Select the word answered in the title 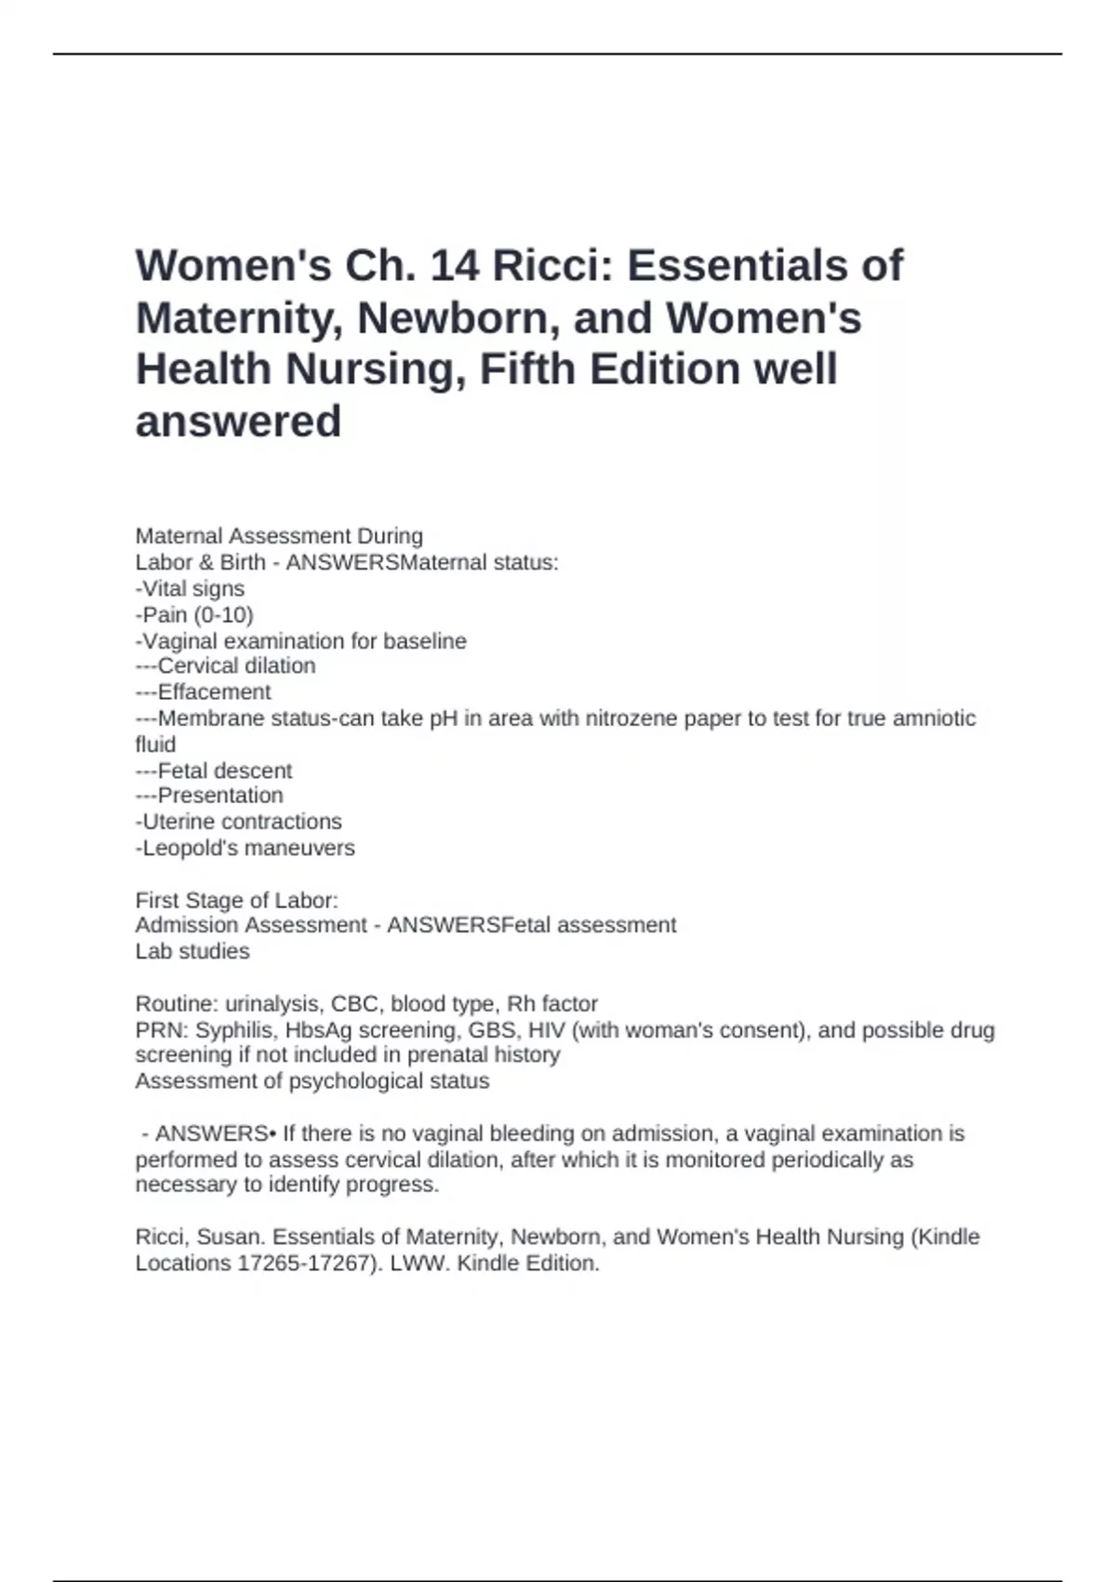click(x=238, y=421)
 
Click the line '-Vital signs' click(x=190, y=588)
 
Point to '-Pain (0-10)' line click(x=194, y=614)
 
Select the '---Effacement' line click(x=203, y=692)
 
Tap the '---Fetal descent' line click(x=213, y=771)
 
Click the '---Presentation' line click(x=209, y=796)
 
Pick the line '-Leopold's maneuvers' click(x=245, y=848)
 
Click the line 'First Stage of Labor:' click(x=236, y=900)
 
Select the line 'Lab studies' click(x=193, y=951)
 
